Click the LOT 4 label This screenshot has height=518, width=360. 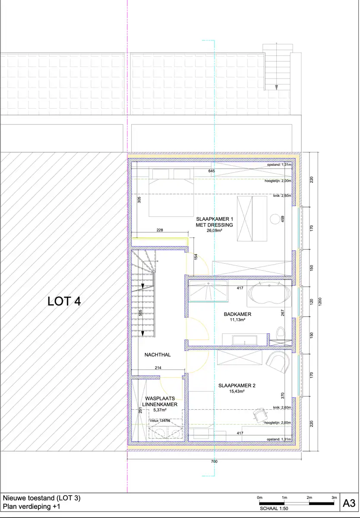[64, 301]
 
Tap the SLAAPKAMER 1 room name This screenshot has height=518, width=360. [215, 219]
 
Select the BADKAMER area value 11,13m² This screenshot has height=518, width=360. [237, 319]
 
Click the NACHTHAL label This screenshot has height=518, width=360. [158, 355]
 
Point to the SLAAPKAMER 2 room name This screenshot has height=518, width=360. [237, 385]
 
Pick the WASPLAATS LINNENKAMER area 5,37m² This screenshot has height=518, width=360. [160, 410]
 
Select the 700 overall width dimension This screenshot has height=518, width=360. [214, 461]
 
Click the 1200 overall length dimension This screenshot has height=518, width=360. [320, 302]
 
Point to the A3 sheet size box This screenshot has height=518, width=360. [349, 503]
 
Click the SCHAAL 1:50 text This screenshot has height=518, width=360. [274, 509]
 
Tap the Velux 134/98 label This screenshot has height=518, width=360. [160, 420]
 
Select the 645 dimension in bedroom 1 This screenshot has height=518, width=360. [212, 171]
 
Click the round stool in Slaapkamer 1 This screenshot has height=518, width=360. [275, 219]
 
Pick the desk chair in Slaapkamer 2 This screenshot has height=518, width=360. [260, 415]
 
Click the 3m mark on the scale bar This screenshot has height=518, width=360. [334, 497]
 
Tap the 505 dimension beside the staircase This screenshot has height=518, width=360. [140, 313]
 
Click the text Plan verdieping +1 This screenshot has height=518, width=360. [32, 506]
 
